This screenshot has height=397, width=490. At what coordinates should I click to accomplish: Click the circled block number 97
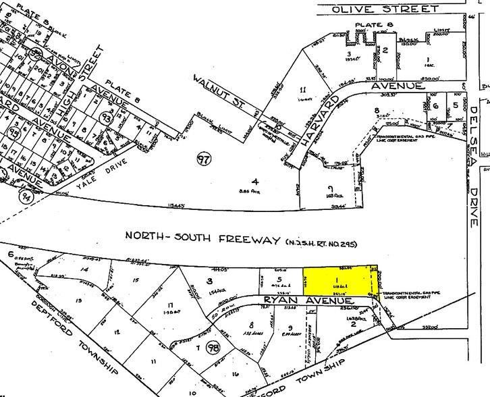tap(202, 160)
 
